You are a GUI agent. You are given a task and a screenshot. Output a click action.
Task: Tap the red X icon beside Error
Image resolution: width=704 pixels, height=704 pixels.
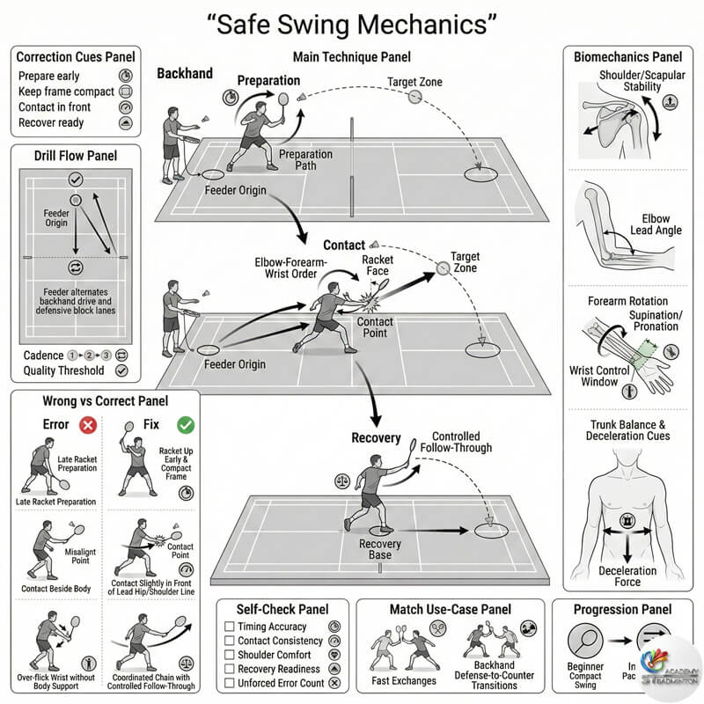(88, 425)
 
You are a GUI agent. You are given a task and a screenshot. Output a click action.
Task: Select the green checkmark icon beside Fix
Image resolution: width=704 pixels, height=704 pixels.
(185, 425)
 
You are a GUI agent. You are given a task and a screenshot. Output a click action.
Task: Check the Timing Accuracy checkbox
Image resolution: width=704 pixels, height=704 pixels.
(230, 626)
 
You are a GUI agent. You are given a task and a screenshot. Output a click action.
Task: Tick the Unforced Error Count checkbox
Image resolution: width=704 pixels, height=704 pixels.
(230, 684)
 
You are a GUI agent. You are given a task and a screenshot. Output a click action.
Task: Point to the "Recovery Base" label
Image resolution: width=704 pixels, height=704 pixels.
(380, 551)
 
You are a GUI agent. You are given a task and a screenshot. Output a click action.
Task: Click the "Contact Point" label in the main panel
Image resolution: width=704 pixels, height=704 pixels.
(375, 328)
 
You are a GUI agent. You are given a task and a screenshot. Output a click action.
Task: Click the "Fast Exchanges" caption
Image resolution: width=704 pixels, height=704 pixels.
(405, 680)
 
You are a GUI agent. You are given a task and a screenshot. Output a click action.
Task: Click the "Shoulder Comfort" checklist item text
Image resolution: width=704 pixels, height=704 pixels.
(275, 655)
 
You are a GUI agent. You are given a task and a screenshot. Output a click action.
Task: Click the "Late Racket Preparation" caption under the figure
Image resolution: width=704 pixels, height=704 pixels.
(55, 502)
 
